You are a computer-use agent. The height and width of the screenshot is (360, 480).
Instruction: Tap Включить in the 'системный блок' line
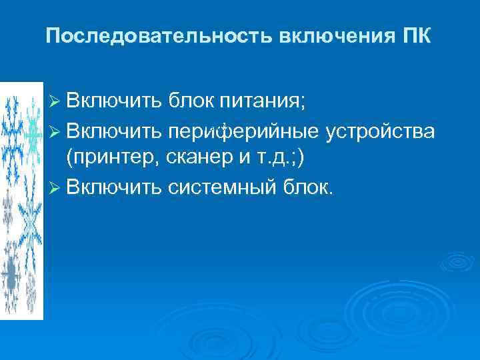click(x=113, y=187)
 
